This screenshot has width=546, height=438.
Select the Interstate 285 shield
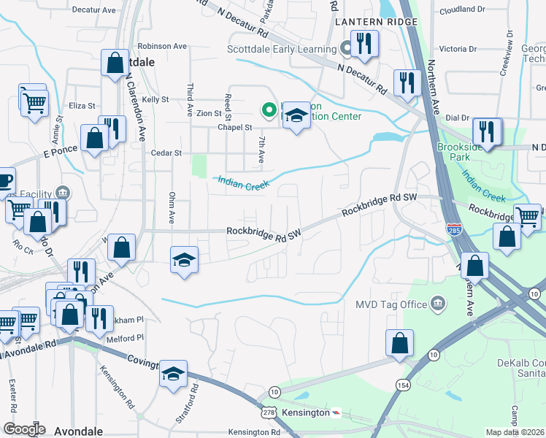click(x=453, y=230)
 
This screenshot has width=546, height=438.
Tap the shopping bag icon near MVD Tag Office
click(x=400, y=344)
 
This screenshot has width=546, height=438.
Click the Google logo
click(x=24, y=429)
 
